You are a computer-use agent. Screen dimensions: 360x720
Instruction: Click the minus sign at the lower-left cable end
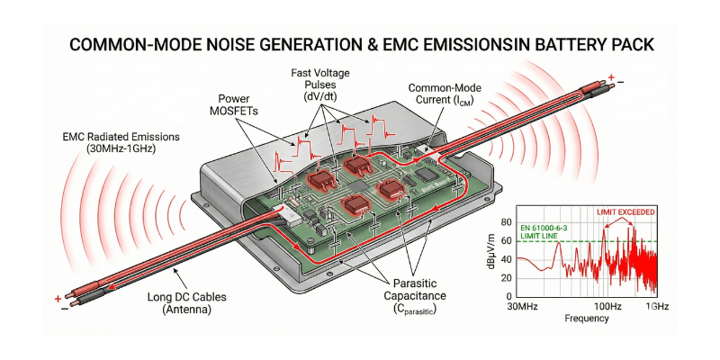pos(64,309)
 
